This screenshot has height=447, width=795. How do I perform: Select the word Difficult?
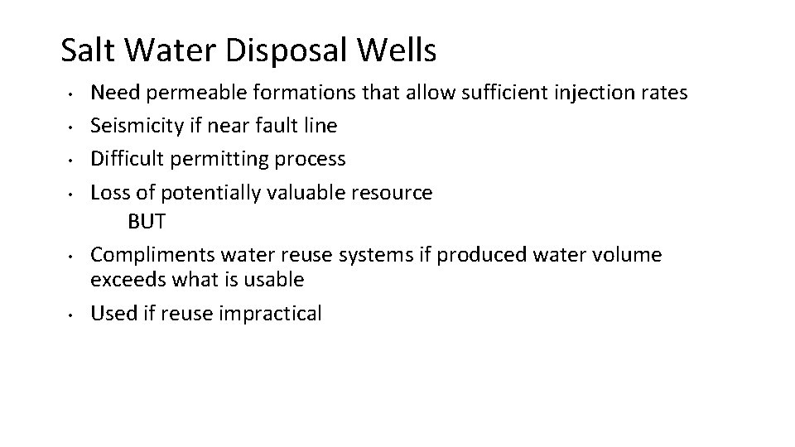pyautogui.click(x=125, y=159)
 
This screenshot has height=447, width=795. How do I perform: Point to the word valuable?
pyautogui.click(x=316, y=192)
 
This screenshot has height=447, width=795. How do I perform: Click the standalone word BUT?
pyautogui.click(x=147, y=222)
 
